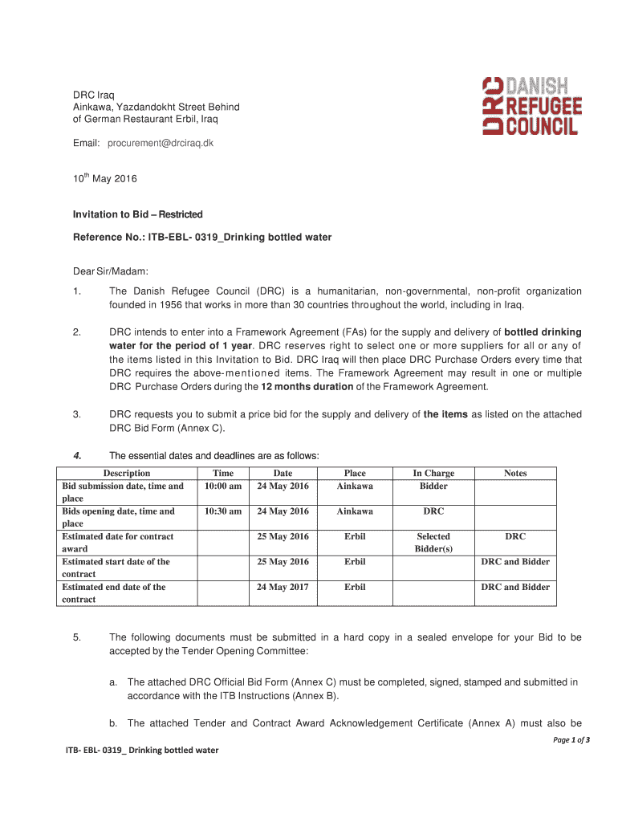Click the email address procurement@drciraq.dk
pos(155,143)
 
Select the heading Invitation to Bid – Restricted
pos(138,214)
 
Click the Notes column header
pos(515,474)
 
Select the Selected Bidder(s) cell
pos(433,543)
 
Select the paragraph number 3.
pos(76,414)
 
